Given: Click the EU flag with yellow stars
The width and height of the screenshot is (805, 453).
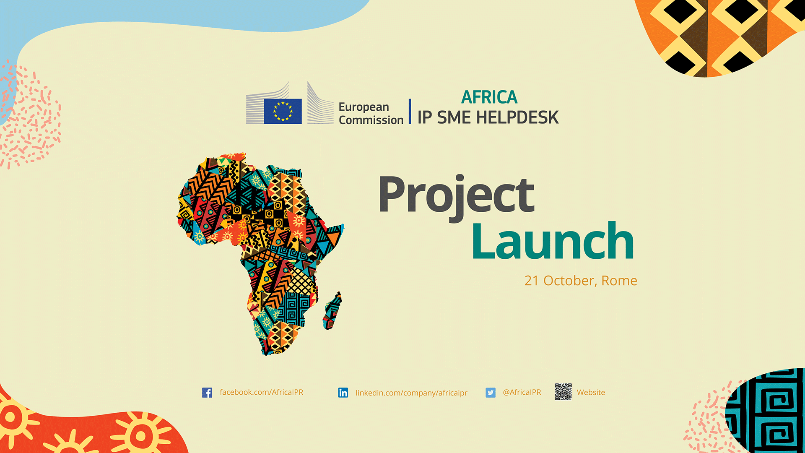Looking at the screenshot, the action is (283, 111).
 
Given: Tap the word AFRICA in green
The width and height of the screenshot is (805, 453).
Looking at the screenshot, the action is (489, 97).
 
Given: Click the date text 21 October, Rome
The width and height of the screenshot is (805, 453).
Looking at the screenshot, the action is (581, 281).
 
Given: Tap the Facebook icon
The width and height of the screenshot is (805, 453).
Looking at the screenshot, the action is (207, 393).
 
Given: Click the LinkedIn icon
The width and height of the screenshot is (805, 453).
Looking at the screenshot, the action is (343, 393).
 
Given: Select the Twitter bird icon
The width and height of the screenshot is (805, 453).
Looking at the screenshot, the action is (491, 393).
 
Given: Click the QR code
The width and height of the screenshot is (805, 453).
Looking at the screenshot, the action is (563, 392).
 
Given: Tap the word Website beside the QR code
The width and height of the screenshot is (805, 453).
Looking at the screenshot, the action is (591, 393).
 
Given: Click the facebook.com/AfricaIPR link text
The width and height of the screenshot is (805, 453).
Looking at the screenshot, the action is (261, 392).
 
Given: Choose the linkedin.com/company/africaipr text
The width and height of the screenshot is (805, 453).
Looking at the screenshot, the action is (411, 393).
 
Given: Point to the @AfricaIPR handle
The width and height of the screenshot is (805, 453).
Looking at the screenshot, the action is (522, 392).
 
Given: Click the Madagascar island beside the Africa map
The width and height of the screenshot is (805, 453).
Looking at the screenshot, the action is (332, 311).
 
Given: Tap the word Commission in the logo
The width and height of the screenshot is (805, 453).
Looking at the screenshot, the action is (371, 120).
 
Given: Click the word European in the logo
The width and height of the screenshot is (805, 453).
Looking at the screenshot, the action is (364, 107).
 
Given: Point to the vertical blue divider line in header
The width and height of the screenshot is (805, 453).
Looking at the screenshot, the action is (410, 111).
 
